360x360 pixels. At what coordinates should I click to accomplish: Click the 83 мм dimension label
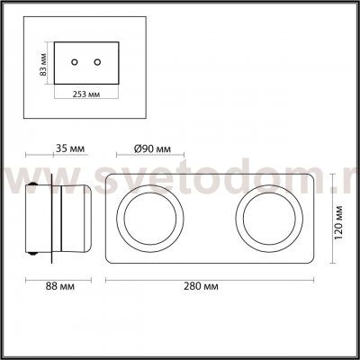pos(44,64)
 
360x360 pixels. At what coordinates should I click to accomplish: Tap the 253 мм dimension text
pos(86,94)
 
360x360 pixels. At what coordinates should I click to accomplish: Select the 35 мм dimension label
pos(70,148)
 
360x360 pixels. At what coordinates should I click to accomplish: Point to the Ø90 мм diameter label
pos(152,148)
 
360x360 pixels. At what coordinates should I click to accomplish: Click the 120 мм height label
pos(338,222)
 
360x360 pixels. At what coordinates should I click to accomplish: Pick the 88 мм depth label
pos(60,286)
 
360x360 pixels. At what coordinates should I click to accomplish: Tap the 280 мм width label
pos(201,286)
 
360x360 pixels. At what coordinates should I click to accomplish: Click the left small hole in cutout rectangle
pos(75,62)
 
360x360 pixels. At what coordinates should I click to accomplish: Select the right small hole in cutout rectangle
pos(97,62)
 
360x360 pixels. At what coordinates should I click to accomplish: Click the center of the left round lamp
pos(150,219)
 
